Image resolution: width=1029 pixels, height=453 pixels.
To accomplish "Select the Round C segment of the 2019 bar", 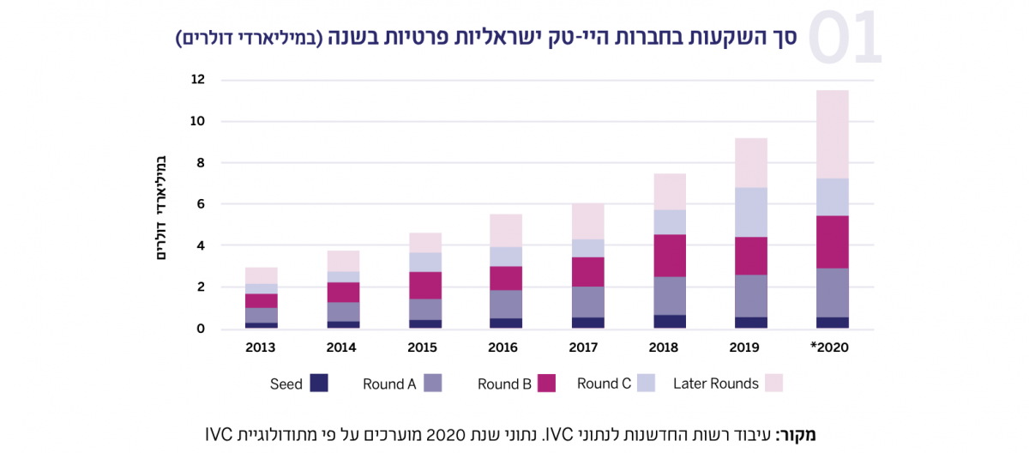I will (x=750, y=212).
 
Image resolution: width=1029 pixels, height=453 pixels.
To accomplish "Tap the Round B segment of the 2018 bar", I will (x=669, y=256).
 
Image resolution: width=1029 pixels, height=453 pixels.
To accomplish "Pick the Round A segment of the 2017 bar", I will (x=587, y=302).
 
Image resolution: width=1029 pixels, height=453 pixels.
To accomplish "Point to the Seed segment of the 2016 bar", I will (x=506, y=323).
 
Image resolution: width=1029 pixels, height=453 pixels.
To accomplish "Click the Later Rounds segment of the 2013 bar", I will (x=261, y=275).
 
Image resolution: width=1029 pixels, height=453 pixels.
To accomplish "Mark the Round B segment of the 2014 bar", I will (x=343, y=293).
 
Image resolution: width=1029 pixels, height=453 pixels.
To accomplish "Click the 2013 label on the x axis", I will (x=261, y=347).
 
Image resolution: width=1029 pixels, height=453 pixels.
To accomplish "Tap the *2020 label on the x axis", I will (x=829, y=347).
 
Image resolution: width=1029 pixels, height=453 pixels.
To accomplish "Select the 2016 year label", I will (x=506, y=347).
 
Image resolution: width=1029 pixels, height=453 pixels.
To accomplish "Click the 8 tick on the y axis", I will (x=201, y=163).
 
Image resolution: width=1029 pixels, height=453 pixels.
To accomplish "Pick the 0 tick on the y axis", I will (x=201, y=329).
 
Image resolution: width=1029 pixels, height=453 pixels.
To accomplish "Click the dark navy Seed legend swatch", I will (x=319, y=384).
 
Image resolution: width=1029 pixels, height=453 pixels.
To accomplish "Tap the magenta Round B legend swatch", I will (x=545, y=384).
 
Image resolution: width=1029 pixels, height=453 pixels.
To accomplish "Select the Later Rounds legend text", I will (x=715, y=384).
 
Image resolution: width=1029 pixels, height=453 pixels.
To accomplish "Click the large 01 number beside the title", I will (x=845, y=39).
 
